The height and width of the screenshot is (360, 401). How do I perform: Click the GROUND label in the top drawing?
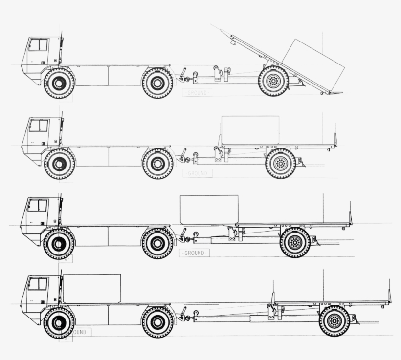197,92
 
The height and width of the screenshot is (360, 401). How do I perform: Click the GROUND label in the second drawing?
197,173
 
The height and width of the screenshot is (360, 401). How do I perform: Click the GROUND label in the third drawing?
194,253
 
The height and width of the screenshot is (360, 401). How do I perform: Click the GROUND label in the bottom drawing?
77,332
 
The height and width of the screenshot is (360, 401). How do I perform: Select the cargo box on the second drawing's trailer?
250,130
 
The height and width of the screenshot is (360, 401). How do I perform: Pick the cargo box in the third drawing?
209,210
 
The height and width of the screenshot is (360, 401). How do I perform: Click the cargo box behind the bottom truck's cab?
91,289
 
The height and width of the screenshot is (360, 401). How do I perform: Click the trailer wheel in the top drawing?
273,81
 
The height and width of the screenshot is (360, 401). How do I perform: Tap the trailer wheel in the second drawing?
280,163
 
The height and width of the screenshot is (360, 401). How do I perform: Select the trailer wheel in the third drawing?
295,242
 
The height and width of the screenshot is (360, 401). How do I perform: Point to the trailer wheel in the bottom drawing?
334,321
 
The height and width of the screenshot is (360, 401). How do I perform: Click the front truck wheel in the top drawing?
59,83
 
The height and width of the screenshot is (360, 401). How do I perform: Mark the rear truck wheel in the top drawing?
157,83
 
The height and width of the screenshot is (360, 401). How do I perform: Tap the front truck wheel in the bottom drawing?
59,322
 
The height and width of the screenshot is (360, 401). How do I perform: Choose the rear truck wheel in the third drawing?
157,243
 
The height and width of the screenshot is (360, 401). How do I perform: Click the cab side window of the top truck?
38,45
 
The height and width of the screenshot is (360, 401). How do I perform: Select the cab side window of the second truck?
38,126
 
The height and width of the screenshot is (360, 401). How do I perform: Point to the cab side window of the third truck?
37,205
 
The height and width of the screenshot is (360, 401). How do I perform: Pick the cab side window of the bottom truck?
37,284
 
